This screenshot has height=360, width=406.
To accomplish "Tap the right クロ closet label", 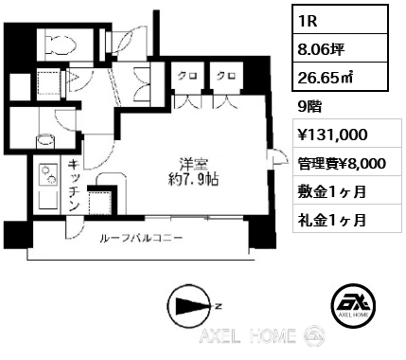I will coord(224,77).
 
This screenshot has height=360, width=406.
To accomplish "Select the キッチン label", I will coord(73,186).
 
